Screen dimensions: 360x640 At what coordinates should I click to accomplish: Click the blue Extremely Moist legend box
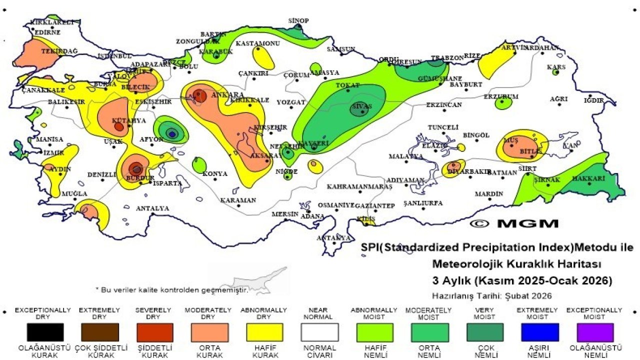pyautogui.click(x=540, y=332)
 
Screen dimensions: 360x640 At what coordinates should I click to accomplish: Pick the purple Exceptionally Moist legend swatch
pyautogui.click(x=594, y=332)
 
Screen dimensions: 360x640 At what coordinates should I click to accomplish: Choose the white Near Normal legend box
pyautogui.click(x=319, y=332)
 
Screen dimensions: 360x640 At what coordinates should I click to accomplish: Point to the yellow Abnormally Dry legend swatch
pyautogui.click(x=264, y=332)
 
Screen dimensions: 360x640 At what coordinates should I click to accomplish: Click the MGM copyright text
pyautogui.click(x=514, y=223)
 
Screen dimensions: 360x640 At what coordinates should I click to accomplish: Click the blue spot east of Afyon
pyautogui.click(x=172, y=133)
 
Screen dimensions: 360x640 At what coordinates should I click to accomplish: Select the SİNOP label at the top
pyautogui.click(x=298, y=20)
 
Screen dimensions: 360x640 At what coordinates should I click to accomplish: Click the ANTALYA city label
pyautogui.click(x=152, y=208)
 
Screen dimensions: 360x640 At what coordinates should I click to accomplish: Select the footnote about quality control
pyautogui.click(x=172, y=289)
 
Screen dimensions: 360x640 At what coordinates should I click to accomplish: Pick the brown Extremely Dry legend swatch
pyautogui.click(x=100, y=332)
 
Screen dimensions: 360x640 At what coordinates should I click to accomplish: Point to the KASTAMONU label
pyautogui.click(x=257, y=43)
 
